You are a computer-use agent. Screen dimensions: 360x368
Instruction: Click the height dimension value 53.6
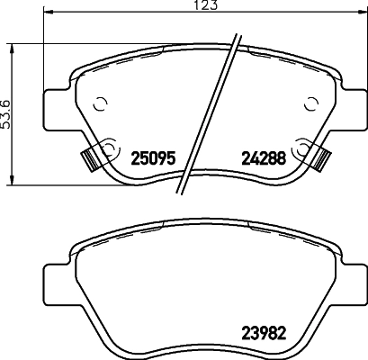pos(6,114)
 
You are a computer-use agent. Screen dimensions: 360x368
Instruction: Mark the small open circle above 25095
pos(100,103)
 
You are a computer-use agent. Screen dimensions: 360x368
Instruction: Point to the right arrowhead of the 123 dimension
pos(364,13)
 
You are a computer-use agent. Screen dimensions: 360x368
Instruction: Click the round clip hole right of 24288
pos(304,147)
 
